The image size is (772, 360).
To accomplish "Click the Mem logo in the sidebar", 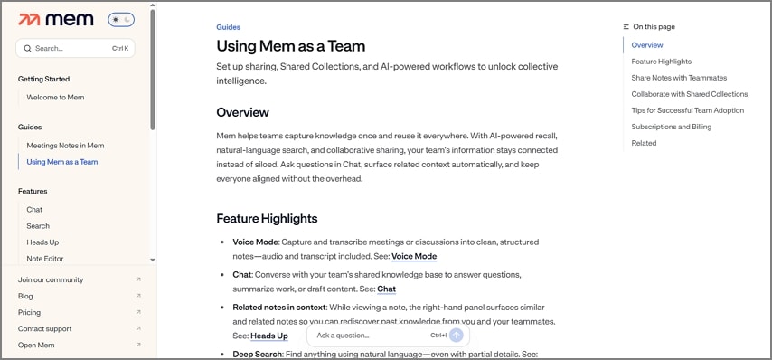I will pyautogui.click(x=56, y=19).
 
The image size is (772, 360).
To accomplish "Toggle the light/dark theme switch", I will pyautogui.click(x=120, y=19).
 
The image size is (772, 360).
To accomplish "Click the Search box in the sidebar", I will pyautogui.click(x=75, y=48).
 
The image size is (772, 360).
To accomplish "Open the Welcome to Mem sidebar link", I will pyautogui.click(x=56, y=97).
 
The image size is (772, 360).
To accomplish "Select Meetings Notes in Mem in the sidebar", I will pyautogui.click(x=65, y=145).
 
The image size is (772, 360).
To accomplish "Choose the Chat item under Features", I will pyautogui.click(x=34, y=209).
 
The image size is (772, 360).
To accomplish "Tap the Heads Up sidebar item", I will pyautogui.click(x=42, y=242).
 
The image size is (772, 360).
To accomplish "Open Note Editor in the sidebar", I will pyautogui.click(x=45, y=259).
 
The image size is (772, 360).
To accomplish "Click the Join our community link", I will pyautogui.click(x=51, y=279).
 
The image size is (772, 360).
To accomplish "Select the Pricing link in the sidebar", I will pyautogui.click(x=29, y=312).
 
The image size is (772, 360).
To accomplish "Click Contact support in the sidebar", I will pyautogui.click(x=44, y=328).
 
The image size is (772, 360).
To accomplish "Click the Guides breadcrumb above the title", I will pyautogui.click(x=229, y=27).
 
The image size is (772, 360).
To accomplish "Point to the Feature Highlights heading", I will pyautogui.click(x=267, y=218).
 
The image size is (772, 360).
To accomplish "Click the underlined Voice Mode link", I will pyautogui.click(x=414, y=256).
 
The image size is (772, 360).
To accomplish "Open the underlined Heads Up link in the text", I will pyautogui.click(x=269, y=336).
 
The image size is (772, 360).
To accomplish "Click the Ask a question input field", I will pyautogui.click(x=371, y=336).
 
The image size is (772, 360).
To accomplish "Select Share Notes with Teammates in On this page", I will pyautogui.click(x=679, y=78).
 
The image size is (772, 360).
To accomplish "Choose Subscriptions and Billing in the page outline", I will pyautogui.click(x=672, y=127).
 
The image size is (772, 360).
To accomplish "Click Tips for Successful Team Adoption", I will pyautogui.click(x=688, y=110).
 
